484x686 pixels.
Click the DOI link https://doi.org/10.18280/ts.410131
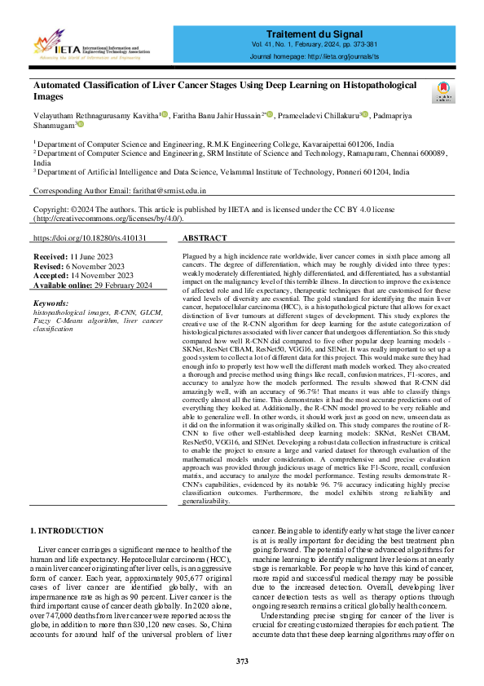(x=90, y=238)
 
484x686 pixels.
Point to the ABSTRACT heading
(x=205, y=238)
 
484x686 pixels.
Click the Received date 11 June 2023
(x=90, y=256)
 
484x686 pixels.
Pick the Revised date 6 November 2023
(x=95, y=266)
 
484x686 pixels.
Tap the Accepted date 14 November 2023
(x=98, y=276)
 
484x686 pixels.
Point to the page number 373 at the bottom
(x=242, y=661)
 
